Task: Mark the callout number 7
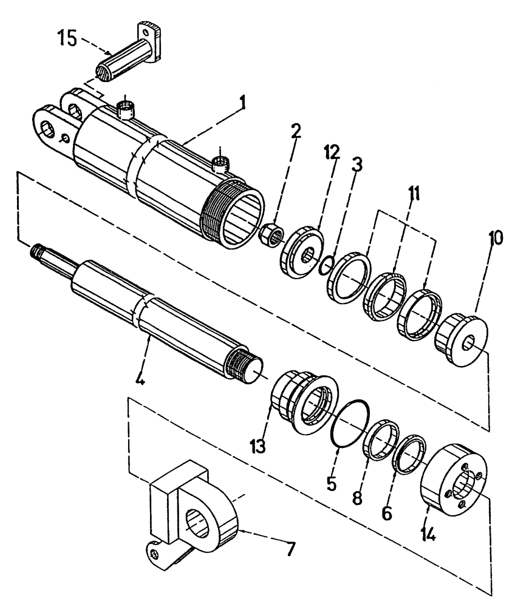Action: pos(291,550)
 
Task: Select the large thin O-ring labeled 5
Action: pos(349,429)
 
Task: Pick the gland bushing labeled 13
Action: pos(303,401)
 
